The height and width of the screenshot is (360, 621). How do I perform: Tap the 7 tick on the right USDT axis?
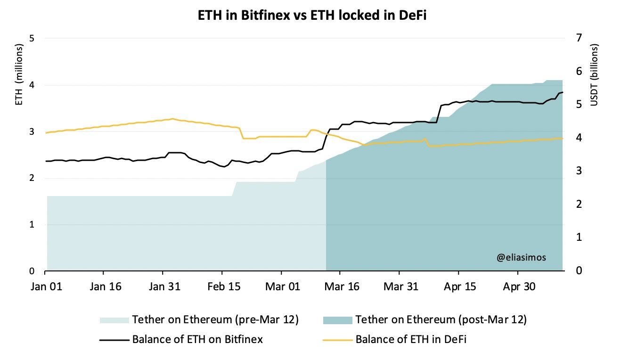pyautogui.click(x=578, y=38)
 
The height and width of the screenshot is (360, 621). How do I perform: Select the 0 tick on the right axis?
pyautogui.click(x=578, y=270)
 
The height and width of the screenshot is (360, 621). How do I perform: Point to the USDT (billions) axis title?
pyautogui.click(x=594, y=75)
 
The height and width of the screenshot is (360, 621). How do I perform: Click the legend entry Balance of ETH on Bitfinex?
pyautogui.click(x=197, y=339)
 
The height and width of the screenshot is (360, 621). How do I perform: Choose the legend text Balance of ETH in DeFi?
pyautogui.click(x=411, y=339)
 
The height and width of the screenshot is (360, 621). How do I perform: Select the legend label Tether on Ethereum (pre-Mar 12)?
pyautogui.click(x=215, y=320)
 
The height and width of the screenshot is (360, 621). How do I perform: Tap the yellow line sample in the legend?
pyautogui.click(x=337, y=339)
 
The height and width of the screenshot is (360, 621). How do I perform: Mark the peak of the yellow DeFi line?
pyautogui.click(x=172, y=119)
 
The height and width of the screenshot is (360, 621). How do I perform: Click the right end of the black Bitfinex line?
pyautogui.click(x=563, y=92)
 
